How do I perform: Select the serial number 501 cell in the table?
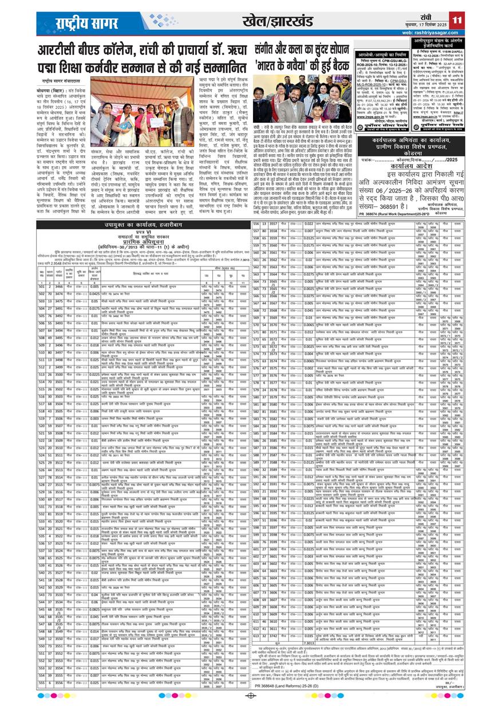click(x=41, y=285)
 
